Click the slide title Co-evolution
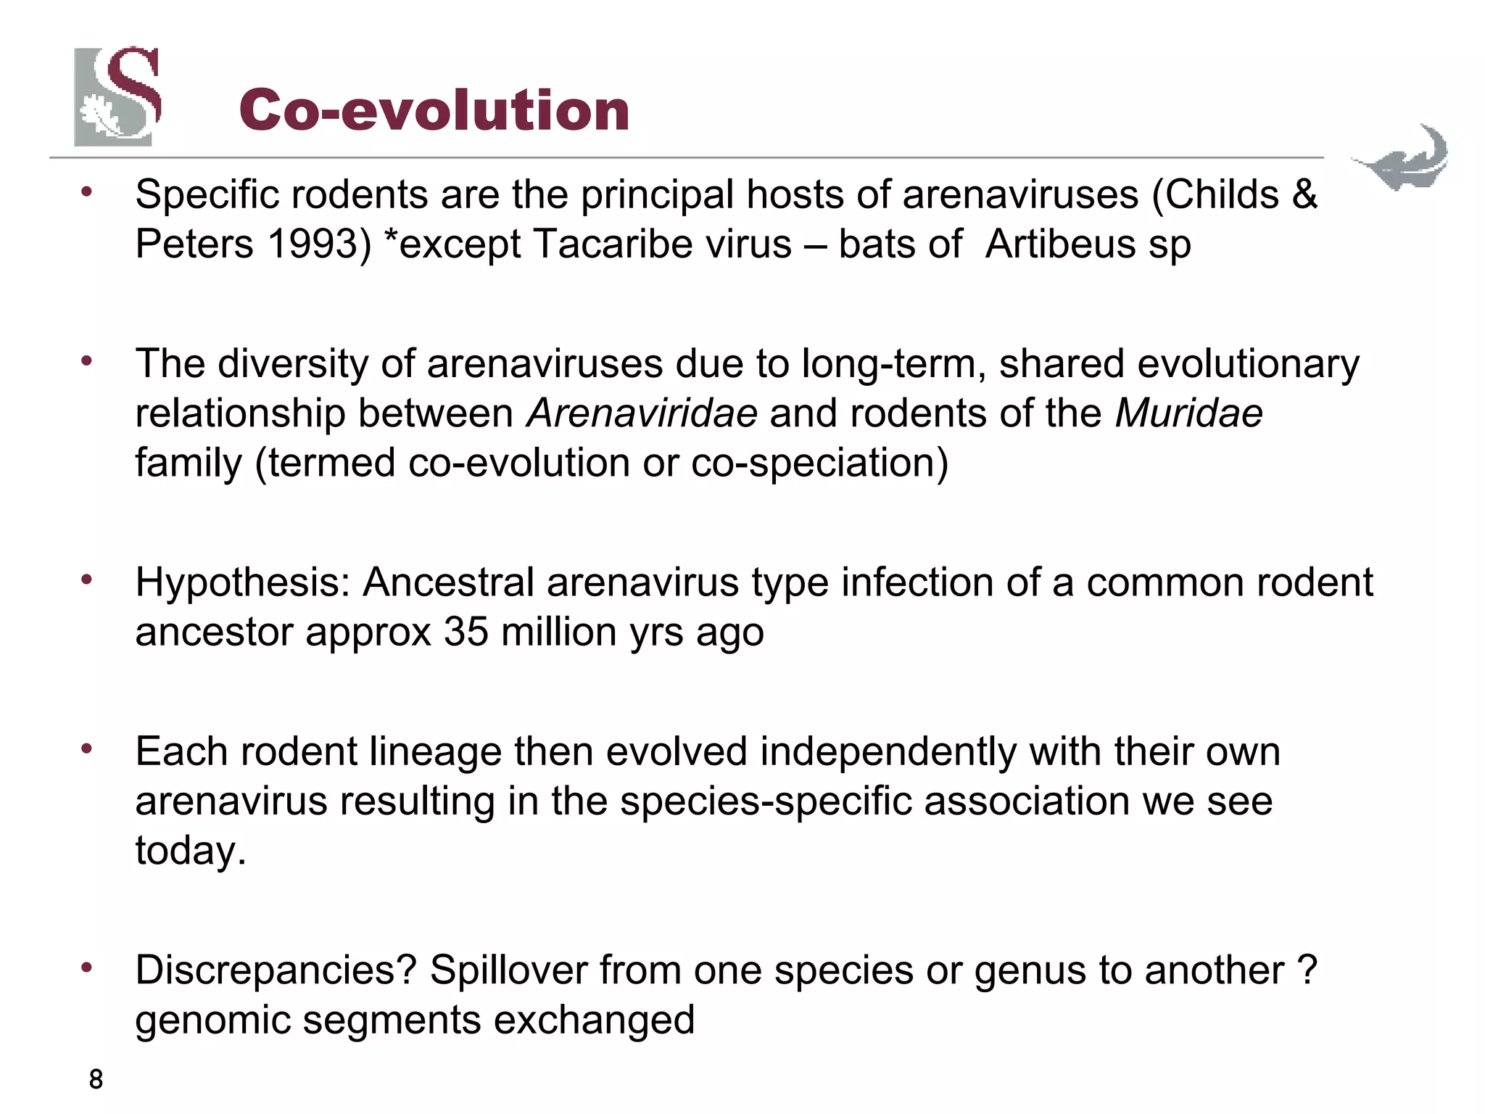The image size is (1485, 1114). [x=434, y=110]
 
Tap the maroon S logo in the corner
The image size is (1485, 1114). [x=117, y=96]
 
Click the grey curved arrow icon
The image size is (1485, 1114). [x=1401, y=158]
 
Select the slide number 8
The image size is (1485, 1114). [x=96, y=1080]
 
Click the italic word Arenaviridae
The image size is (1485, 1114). [x=642, y=413]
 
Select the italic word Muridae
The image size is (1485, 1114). [x=1188, y=413]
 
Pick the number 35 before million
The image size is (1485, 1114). [x=466, y=632]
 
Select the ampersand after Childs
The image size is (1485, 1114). [x=1304, y=194]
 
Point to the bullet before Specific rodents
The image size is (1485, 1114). [x=87, y=192]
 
